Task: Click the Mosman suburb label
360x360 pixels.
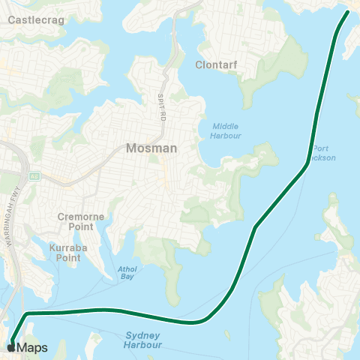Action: click(x=151, y=148)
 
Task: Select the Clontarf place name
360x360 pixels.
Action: click(x=216, y=65)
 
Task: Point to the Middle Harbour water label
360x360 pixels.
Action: click(x=226, y=130)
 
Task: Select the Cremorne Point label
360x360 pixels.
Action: click(x=80, y=221)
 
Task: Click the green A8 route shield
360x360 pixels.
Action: click(x=34, y=175)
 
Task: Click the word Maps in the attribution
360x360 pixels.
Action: click(x=31, y=347)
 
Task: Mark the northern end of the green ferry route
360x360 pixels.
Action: click(x=348, y=12)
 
